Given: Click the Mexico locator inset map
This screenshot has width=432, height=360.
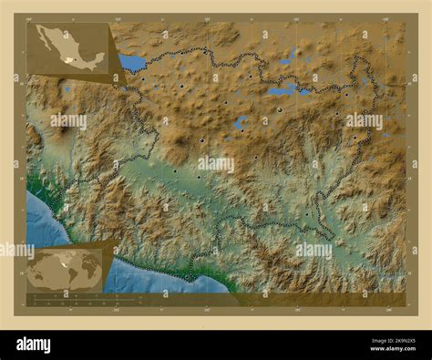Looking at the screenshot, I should (71, 50).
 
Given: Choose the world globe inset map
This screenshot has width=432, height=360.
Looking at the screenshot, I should (64, 270).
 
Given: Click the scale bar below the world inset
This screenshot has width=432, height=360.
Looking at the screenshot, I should (68, 298).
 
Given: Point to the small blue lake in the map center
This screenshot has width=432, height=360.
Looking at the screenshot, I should (241, 122).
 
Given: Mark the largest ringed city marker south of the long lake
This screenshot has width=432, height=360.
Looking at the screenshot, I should (280, 109).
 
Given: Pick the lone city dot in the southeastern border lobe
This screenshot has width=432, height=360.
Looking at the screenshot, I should (306, 215).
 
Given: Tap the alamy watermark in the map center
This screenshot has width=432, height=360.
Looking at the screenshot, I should (216, 165).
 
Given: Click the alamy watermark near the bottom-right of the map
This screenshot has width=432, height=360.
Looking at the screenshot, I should (314, 250).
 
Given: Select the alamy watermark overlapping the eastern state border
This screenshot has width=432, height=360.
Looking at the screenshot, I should (365, 120).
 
